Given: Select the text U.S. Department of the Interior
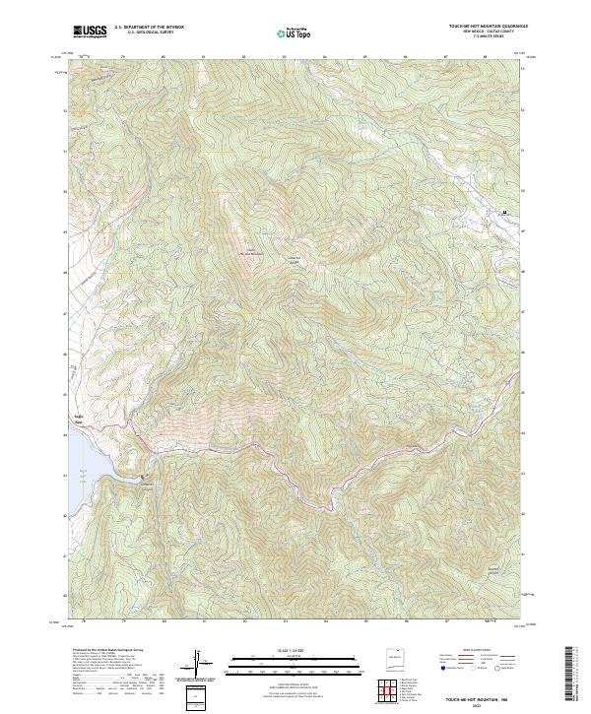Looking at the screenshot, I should pos(149,29).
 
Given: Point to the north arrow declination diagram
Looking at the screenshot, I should pos(198,663).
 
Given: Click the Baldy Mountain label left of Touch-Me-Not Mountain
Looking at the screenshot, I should pos(250,251).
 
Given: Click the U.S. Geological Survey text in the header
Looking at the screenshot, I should pos(149,33).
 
